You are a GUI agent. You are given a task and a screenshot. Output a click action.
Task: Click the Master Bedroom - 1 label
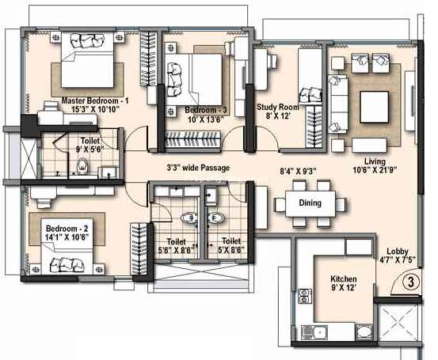(x=95, y=100)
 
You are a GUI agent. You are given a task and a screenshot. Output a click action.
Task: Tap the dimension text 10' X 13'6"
(x=206, y=119)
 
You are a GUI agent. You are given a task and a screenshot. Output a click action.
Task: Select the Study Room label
(x=278, y=107)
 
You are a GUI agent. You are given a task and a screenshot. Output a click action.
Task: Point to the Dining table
(x=310, y=203)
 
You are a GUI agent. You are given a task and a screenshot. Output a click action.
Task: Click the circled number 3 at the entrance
(x=410, y=282)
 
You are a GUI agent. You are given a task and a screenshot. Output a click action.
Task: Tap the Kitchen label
(x=344, y=279)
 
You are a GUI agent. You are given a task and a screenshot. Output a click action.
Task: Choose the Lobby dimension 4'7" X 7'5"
(x=398, y=260)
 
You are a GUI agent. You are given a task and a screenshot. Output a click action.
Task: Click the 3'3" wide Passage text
(x=198, y=168)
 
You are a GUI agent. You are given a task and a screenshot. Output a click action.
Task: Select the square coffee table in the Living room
(x=375, y=107)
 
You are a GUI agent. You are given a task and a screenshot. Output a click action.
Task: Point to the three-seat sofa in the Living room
(x=338, y=104)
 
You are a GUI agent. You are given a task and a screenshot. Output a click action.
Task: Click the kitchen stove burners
(x=304, y=296)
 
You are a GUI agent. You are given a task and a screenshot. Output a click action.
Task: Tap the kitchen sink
(x=314, y=332)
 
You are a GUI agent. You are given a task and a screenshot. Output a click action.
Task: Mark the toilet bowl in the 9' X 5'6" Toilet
(x=82, y=165)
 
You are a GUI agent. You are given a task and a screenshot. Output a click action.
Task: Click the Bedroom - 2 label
(x=67, y=229)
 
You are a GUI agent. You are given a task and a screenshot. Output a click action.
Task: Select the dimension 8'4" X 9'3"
(x=299, y=171)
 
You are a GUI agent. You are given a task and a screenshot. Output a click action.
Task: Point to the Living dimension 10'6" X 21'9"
(x=375, y=169)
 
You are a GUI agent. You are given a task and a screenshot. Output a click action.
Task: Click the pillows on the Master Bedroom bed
(x=87, y=40)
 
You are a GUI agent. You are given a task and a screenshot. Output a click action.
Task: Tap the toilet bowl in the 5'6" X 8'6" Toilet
(x=189, y=218)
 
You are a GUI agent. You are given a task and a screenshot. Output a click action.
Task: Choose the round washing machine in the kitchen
(x=364, y=332)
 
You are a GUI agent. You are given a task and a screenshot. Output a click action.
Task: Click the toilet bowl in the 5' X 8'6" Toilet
(x=215, y=218)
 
